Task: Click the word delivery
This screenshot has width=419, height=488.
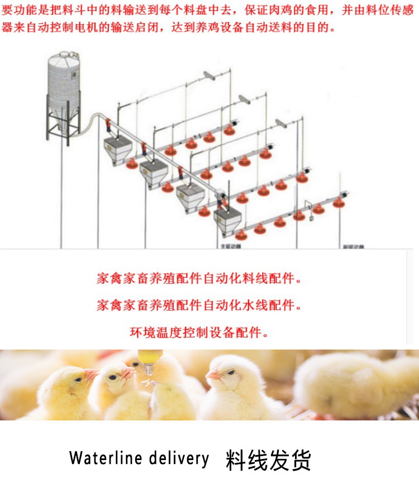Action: click(179, 458)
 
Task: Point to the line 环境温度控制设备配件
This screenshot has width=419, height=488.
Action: click(198, 333)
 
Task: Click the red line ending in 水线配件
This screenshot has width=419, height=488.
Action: click(198, 305)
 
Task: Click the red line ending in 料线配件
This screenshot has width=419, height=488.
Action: click(198, 279)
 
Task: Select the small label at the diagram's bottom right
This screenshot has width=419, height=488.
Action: click(354, 246)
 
